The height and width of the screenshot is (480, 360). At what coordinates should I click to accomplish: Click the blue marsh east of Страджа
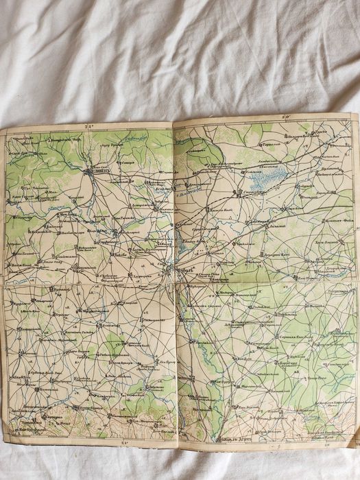[x=265, y=180]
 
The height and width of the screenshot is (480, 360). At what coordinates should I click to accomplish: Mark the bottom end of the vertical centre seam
[x=180, y=447]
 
